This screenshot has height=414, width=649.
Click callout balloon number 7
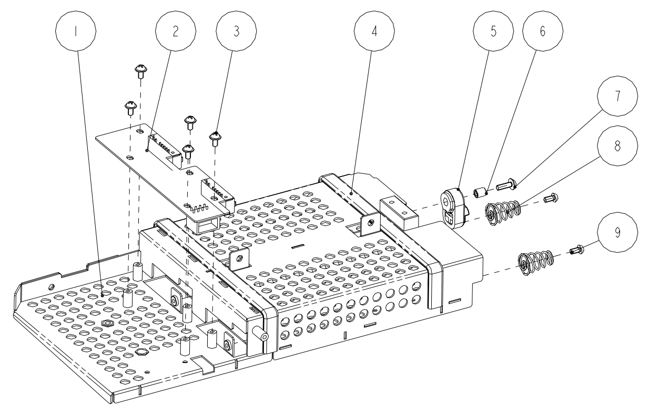click(617, 96)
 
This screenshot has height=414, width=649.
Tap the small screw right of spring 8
click(552, 198)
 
